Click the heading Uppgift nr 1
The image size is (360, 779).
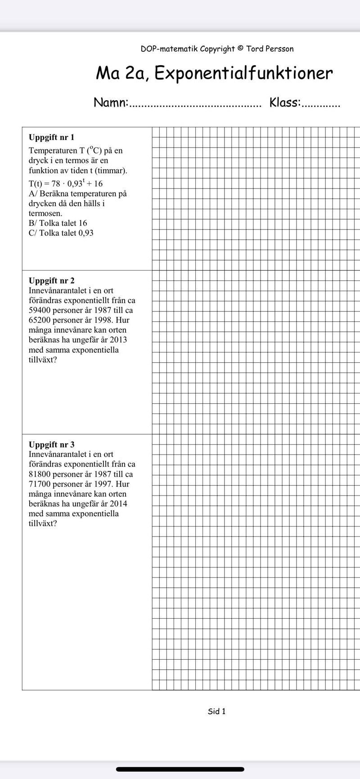pyautogui.click(x=51, y=137)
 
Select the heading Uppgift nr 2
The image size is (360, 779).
pyautogui.click(x=51, y=281)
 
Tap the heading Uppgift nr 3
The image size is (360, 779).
pyautogui.click(x=51, y=445)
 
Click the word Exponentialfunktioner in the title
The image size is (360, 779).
pyautogui.click(x=243, y=73)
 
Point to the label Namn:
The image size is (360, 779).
pyautogui.click(x=111, y=103)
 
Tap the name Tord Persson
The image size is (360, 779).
pyautogui.click(x=270, y=49)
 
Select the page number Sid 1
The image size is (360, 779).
pyautogui.click(x=216, y=711)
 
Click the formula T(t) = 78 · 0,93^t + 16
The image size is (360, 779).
pyautogui.click(x=66, y=184)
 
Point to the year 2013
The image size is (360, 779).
pyautogui.click(x=117, y=340)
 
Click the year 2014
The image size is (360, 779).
pyautogui.click(x=118, y=504)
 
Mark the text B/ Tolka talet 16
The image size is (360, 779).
pyautogui.click(x=58, y=223)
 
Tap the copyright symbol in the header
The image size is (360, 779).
pyautogui.click(x=240, y=49)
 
